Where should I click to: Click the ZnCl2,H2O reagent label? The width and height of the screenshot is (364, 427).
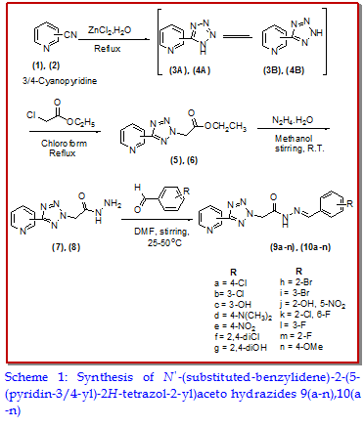110,30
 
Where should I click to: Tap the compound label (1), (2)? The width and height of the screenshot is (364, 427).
46,65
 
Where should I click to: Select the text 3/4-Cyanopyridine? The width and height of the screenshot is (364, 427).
60,80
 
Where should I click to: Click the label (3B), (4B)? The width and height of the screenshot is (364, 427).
284,70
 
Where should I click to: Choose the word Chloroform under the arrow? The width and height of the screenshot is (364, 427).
64,144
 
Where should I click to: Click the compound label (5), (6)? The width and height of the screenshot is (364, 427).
184,160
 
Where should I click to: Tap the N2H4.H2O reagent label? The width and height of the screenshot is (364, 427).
293,120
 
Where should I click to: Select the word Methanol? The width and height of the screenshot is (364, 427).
294,139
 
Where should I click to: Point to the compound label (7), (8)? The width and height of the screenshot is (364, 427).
66,247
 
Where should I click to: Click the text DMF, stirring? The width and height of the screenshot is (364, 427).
161,232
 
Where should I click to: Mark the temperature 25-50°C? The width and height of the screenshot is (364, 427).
164,242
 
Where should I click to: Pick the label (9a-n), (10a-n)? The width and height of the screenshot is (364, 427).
300,247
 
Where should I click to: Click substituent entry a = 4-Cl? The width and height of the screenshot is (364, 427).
231,282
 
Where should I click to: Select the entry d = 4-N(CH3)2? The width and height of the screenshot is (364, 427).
243,316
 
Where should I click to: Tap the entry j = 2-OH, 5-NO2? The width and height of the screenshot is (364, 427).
312,305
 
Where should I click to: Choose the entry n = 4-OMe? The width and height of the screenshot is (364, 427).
301,347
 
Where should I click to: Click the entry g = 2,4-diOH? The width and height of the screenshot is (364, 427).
241,348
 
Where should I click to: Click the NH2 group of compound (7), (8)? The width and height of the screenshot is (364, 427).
113,204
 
